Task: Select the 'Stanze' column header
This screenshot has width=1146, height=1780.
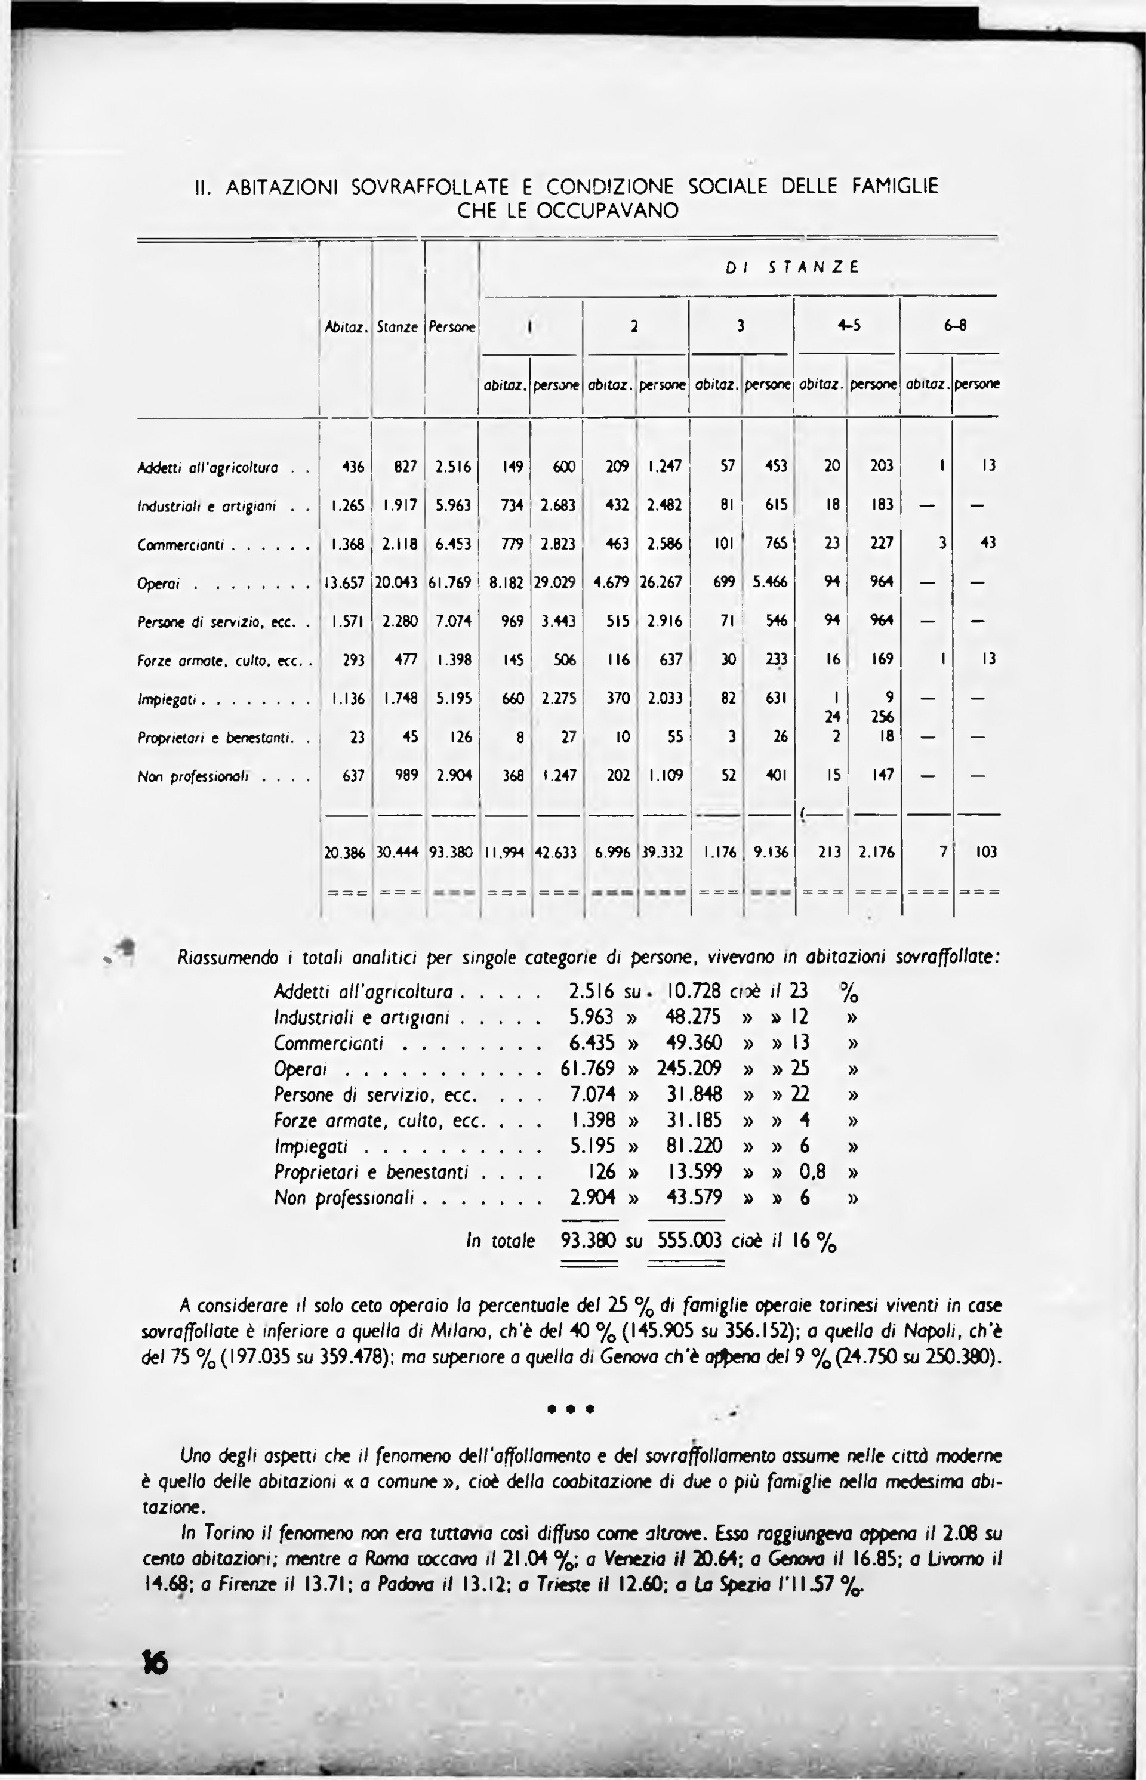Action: tap(398, 326)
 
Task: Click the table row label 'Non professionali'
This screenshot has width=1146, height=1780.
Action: tap(193, 776)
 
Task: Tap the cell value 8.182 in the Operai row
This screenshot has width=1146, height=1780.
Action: tap(506, 582)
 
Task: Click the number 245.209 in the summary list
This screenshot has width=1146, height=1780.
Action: tap(689, 1068)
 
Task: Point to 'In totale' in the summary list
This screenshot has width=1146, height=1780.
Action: tap(500, 1241)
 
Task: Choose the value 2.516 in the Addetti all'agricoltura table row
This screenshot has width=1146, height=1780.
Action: tap(452, 467)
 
